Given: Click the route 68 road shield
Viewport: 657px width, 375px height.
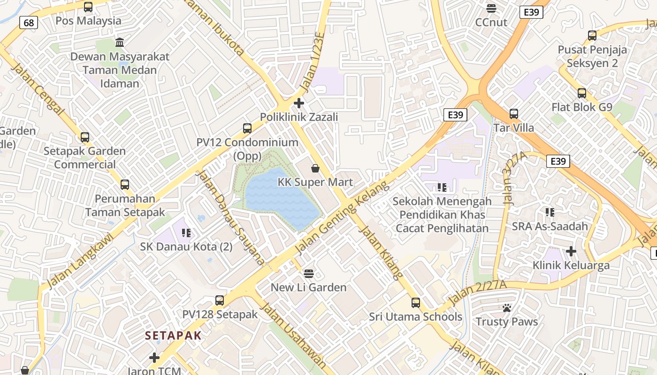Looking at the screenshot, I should click(29, 22).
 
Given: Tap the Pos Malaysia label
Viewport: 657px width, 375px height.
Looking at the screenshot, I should click(88, 21).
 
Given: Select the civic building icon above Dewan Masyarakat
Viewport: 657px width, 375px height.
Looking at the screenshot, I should click(120, 43).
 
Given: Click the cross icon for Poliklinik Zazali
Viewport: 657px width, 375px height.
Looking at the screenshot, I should click(299, 103).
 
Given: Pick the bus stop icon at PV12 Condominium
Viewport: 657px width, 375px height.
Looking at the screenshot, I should click(247, 128).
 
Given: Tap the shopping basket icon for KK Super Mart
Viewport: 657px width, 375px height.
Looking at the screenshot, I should click(315, 168).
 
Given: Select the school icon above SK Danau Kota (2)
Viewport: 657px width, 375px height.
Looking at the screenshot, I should click(186, 232).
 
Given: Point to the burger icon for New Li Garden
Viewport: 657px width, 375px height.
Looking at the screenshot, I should click(308, 273).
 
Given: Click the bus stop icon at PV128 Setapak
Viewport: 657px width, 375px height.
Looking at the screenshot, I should click(220, 300).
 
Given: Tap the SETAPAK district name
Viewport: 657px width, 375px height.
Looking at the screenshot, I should click(173, 336).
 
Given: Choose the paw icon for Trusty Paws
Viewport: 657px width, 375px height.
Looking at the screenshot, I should click(507, 308).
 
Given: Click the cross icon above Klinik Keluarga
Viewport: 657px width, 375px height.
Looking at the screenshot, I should click(571, 251).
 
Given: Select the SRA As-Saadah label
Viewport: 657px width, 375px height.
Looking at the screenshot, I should click(550, 226).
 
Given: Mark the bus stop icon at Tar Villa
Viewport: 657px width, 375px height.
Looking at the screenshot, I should click(514, 113).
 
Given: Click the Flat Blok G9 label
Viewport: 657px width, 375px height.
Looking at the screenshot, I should click(581, 107).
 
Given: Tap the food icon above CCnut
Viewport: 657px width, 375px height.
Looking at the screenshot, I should click(491, 8).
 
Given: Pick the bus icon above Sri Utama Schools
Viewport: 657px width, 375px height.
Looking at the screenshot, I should click(416, 302).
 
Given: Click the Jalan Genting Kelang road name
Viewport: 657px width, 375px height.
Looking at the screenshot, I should click(343, 217).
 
